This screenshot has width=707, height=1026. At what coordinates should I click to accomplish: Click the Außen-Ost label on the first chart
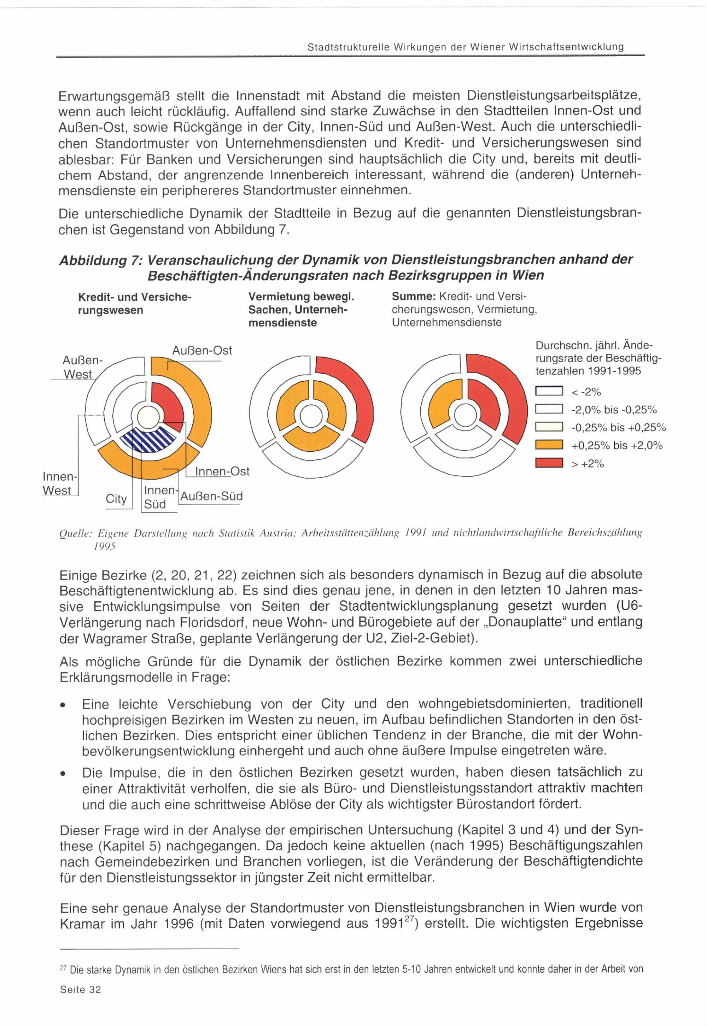(x=201, y=351)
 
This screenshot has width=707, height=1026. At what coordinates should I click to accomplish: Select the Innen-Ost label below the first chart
(x=222, y=471)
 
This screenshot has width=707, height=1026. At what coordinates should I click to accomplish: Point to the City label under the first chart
(x=116, y=499)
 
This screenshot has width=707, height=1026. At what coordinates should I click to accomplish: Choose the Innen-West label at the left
(x=58, y=483)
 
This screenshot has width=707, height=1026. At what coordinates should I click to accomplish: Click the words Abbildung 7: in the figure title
(x=100, y=260)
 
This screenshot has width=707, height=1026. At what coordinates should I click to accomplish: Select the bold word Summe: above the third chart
(x=415, y=296)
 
